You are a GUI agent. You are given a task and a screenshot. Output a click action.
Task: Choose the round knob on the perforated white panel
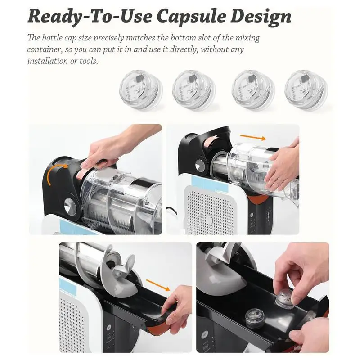209,219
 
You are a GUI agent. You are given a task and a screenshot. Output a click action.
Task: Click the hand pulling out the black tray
178,308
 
